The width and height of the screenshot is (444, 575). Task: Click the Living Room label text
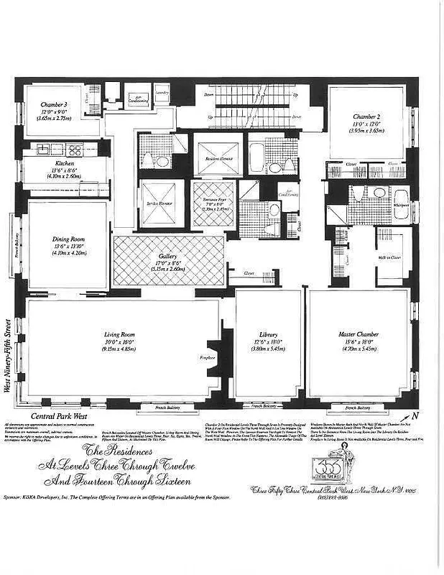coord(120,334)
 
